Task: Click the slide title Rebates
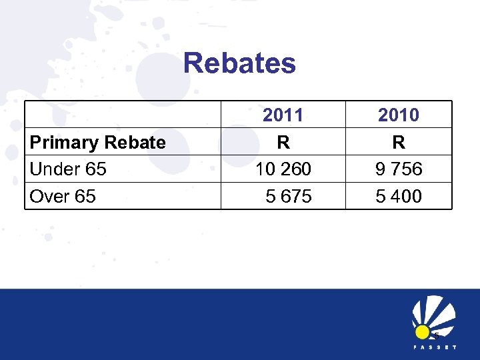coord(239,63)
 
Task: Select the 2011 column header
coord(283,115)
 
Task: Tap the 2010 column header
coord(399,115)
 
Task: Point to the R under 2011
coord(283,142)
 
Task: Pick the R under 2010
coord(399,142)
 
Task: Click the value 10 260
coord(283,169)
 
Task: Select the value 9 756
coord(399,169)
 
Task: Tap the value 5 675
coord(288,197)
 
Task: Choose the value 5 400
coord(399,197)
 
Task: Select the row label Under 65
coord(68,169)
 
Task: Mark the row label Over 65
coord(63,197)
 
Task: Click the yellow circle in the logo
coord(422,331)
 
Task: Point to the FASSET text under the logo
coord(434,348)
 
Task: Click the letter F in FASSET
coord(415,348)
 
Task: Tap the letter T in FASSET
coord(454,348)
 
